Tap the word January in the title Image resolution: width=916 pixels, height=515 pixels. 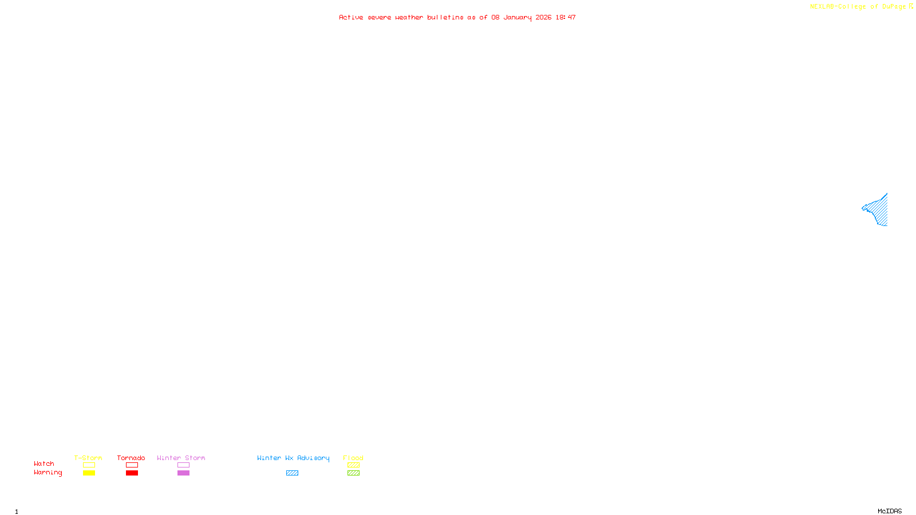coord(517,17)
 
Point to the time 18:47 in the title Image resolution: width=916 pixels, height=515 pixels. coord(565,17)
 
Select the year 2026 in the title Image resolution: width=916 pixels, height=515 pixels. coord(543,17)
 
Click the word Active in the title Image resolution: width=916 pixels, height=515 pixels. coord(350,17)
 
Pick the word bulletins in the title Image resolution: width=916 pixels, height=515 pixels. coord(445,17)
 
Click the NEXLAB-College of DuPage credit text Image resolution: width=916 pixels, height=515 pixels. coord(858,6)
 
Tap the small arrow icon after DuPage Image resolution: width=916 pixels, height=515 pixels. coord(911,6)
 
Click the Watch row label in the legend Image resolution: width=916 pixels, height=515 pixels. coord(44,463)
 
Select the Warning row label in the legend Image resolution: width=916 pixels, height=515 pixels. coord(48,473)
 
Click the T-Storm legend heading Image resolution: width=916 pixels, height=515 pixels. coord(88,458)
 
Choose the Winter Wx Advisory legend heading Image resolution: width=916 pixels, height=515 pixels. coord(293,458)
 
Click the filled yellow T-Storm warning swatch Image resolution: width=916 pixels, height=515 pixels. coord(89,473)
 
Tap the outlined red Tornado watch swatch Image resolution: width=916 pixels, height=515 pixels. coord(132,465)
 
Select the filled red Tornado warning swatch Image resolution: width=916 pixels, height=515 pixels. coord(132,473)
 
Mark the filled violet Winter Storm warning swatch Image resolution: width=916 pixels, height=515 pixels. coord(183,473)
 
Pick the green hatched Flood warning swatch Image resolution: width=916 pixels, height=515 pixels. coord(353,473)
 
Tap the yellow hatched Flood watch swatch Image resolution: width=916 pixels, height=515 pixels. coord(353,465)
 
